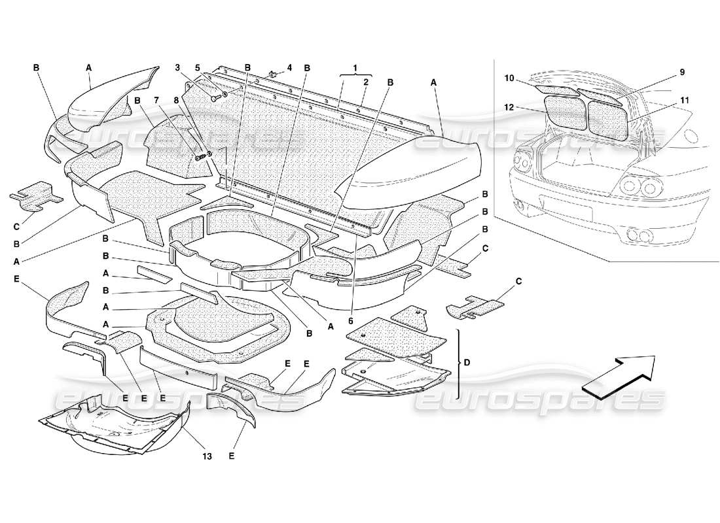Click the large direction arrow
(618, 377)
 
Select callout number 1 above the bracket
(355, 68)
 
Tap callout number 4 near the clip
(289, 67)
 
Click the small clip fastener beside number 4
(274, 74)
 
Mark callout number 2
(366, 82)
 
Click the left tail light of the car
(522, 160)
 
